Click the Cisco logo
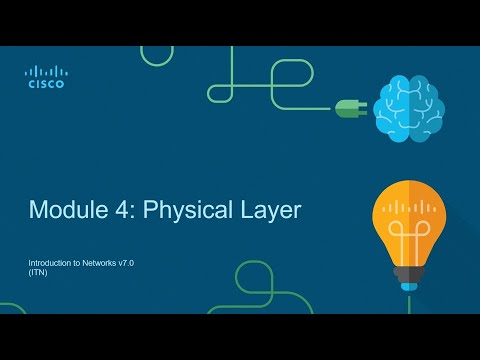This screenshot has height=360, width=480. tap(45, 77)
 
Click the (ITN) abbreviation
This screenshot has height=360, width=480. tap(37, 271)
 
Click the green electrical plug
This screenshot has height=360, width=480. tap(351, 108)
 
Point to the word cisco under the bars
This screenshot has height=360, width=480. tap(45, 85)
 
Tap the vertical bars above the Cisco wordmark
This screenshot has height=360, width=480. tap(45, 71)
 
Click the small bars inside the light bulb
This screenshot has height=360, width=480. tap(408, 208)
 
